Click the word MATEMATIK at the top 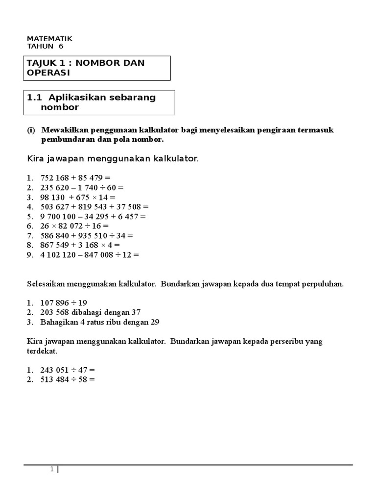[49, 38]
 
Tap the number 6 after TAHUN [61, 47]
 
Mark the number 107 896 [56, 303]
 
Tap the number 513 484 [56, 380]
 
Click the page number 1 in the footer [52, 471]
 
